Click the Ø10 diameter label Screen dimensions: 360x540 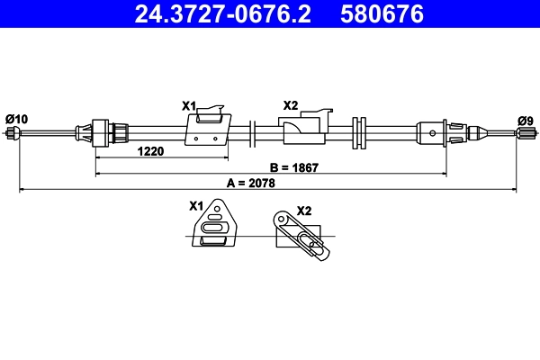point(16,119)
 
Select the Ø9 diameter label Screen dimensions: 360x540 point(525,120)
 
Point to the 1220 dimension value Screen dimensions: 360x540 point(150,151)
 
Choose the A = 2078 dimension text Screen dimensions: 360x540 point(251,183)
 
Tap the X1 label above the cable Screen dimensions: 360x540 point(189,106)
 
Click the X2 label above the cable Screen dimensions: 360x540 point(290,105)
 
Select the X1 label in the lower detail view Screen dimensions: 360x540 point(196,205)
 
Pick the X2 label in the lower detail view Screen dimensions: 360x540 point(303,211)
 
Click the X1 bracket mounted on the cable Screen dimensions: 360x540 point(207,129)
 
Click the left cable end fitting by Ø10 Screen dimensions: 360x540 point(13,133)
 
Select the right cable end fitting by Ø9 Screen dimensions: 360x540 point(524,134)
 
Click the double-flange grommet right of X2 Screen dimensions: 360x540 point(360,133)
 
